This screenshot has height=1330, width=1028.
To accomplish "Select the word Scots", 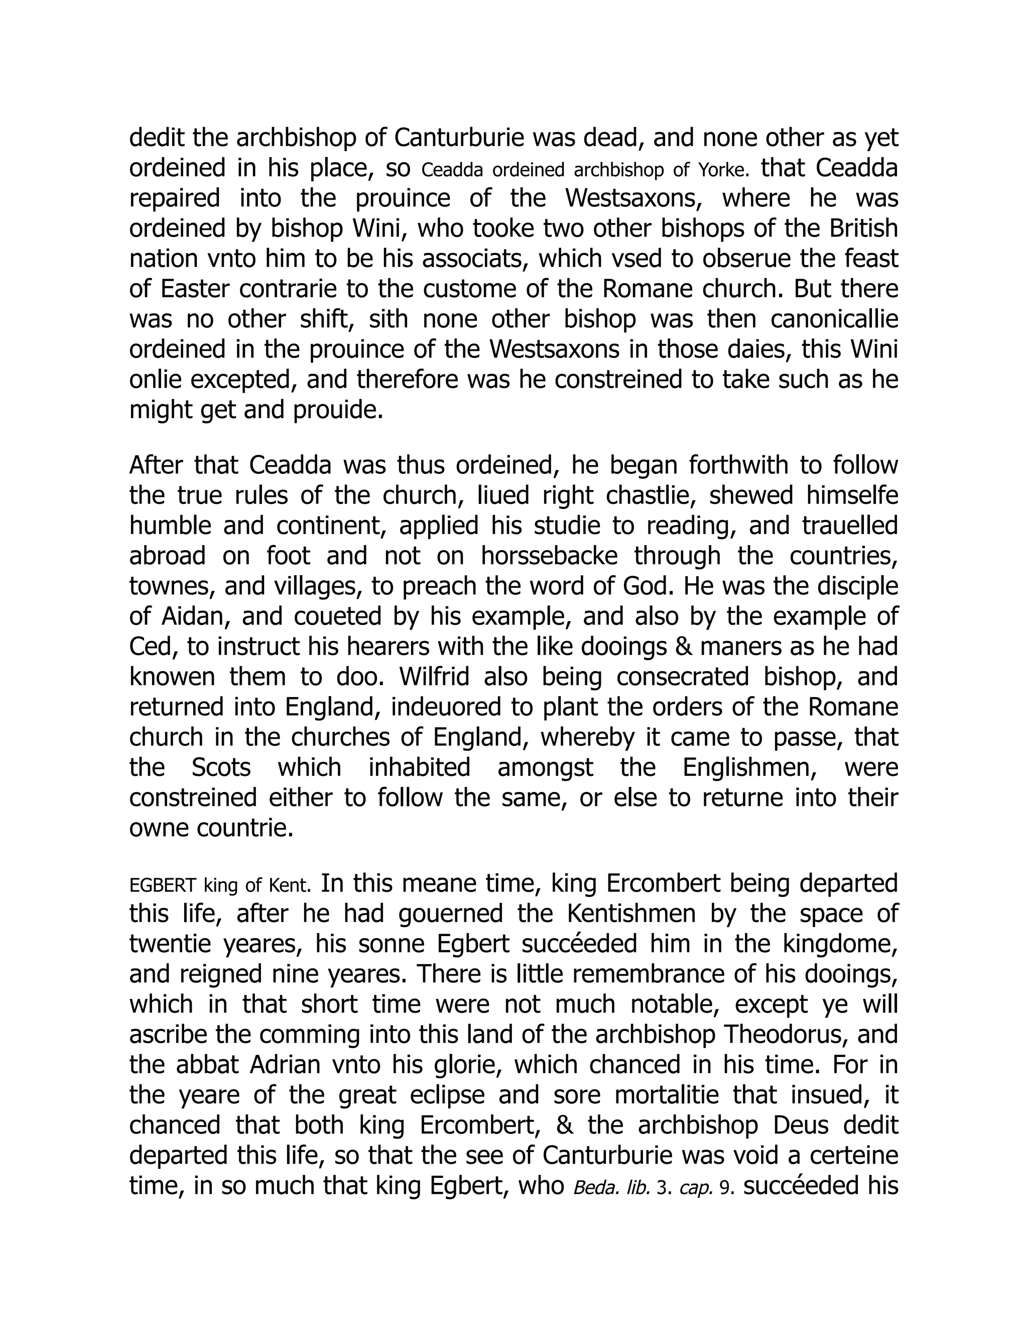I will pyautogui.click(x=221, y=767).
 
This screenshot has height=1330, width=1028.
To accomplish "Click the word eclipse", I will pyautogui.click(x=448, y=1095).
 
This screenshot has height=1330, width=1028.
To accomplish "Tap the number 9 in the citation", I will pyautogui.click(x=724, y=1188).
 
